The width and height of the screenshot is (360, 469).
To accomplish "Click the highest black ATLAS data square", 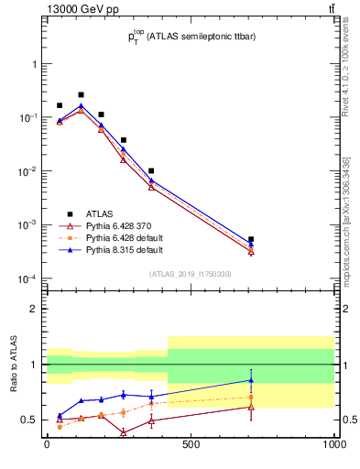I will point(81,94).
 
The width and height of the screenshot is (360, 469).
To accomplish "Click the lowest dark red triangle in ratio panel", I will point(123,432).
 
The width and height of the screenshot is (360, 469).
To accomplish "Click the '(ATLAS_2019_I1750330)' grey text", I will point(191,273).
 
